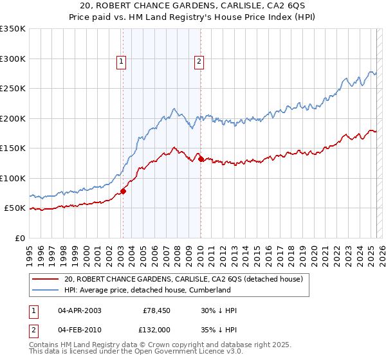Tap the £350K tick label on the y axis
tap(13, 29)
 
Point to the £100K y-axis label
tap(13, 178)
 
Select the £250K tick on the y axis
tap(13, 89)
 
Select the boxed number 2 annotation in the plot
tap(199, 62)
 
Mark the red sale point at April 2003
tap(123, 191)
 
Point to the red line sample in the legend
tap(46, 279)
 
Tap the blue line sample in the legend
tap(46, 290)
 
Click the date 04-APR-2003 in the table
tap(79, 310)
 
